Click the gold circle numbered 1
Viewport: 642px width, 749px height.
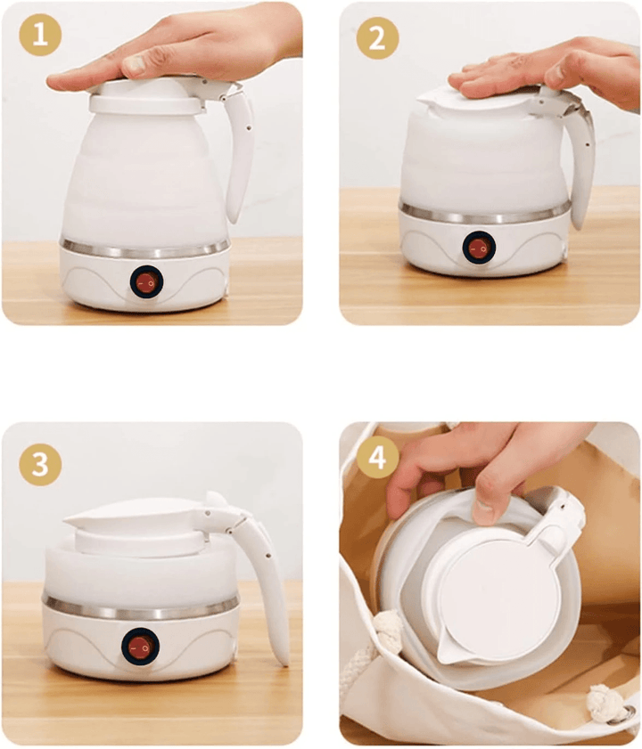click(40, 35)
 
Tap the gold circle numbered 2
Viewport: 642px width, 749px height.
click(377, 38)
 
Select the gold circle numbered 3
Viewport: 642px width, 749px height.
click(40, 464)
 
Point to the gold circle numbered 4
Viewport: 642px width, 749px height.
click(377, 458)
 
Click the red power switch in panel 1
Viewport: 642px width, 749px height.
click(146, 282)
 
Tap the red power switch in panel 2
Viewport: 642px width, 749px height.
click(479, 247)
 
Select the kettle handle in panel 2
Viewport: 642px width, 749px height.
click(581, 158)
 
